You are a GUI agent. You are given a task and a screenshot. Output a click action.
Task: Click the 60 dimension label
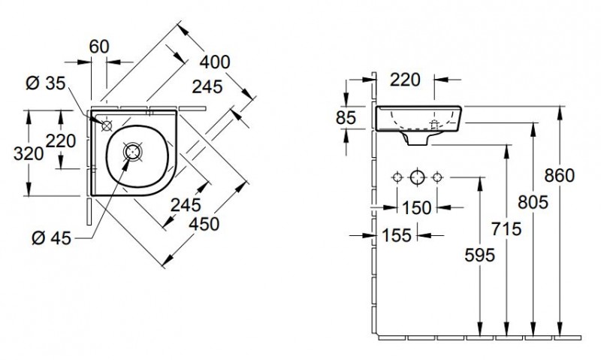[99, 46]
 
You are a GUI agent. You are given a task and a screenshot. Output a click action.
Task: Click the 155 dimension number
[396, 235]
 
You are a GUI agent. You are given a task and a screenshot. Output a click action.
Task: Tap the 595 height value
[479, 256]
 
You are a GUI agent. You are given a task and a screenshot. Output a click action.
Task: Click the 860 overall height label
[560, 176]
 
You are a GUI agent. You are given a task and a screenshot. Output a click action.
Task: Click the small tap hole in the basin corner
[107, 124]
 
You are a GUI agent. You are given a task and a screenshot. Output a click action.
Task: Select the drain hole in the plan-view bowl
[133, 151]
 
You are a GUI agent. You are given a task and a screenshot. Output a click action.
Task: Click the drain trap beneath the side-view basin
[416, 138]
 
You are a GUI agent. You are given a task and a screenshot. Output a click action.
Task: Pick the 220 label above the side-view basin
[405, 77]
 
